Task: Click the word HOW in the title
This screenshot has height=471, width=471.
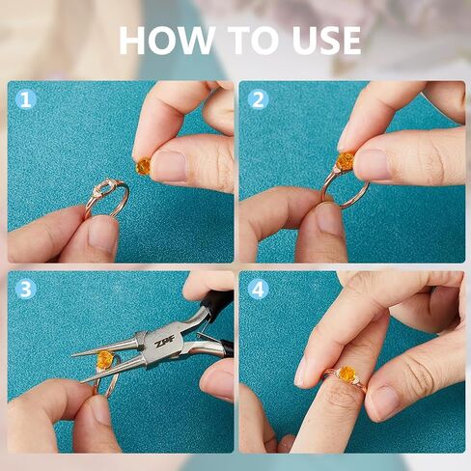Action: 167,41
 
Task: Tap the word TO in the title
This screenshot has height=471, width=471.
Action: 255,41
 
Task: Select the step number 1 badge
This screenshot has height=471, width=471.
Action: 26,99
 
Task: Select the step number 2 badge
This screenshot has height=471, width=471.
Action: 258,99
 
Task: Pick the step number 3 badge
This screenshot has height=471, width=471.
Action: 26,289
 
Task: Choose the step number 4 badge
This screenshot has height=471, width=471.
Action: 258,289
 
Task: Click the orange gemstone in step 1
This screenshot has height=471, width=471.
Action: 144,166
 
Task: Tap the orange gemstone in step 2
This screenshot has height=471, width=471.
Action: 345,161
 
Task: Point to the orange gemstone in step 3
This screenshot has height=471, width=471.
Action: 104,359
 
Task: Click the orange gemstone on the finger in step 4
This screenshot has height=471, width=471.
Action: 346,374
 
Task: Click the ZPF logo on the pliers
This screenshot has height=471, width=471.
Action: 164,342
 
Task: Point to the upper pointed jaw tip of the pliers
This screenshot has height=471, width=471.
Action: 72,355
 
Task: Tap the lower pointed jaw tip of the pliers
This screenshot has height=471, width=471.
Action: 83,382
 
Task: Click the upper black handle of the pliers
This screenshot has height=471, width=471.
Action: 217,302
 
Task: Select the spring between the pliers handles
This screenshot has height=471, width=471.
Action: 206,331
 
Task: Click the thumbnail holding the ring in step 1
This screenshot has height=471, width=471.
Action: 102,235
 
